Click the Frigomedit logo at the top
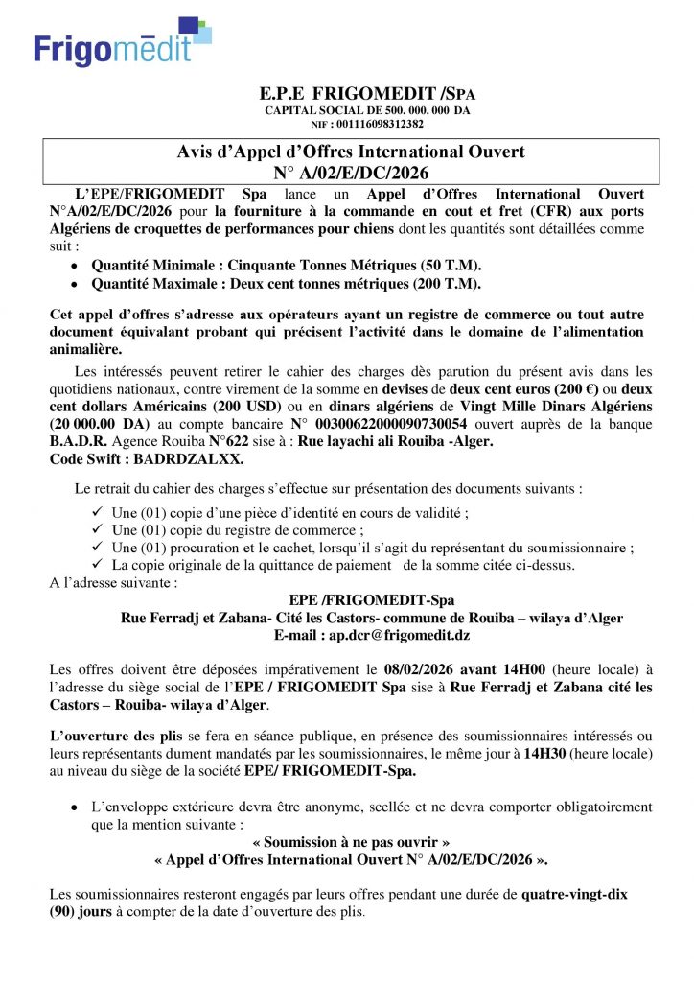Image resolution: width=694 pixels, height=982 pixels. (121, 44)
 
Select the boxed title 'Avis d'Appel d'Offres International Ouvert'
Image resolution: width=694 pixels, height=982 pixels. (351, 152)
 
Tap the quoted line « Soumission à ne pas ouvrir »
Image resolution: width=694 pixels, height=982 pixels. (351, 842)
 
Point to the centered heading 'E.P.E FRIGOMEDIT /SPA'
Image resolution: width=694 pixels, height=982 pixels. (367, 95)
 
